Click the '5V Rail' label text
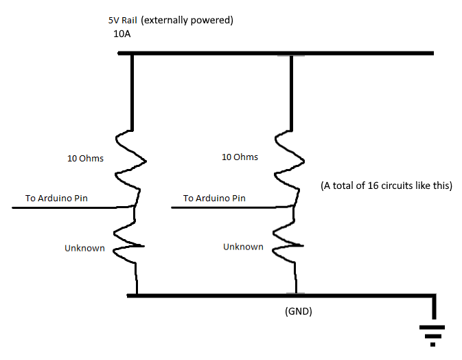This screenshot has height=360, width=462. coord(123,21)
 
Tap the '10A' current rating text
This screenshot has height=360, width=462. coord(122,34)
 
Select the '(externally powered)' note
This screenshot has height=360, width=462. coord(187,21)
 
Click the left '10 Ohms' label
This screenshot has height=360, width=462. coord(85,158)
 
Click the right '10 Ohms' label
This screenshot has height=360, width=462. coord(240,157)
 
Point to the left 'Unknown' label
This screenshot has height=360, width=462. coord(84,248)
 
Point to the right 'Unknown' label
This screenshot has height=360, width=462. coord(243,247)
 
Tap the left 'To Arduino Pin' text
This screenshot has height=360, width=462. coord(56,198)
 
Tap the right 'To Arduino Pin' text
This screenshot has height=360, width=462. coord(214,198)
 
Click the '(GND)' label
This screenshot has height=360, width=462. coord(299,311)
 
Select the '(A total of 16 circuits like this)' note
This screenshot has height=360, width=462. coord(386,185)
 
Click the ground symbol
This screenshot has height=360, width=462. coord(432,336)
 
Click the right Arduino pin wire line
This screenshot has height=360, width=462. coord(232,207)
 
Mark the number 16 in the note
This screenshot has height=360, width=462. coord(373,185)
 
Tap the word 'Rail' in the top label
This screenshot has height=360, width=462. coord(129,21)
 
